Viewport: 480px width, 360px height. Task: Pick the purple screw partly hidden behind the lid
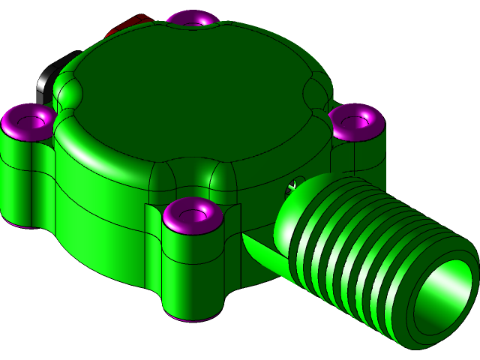192,16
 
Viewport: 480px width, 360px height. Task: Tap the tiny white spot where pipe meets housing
295,182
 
